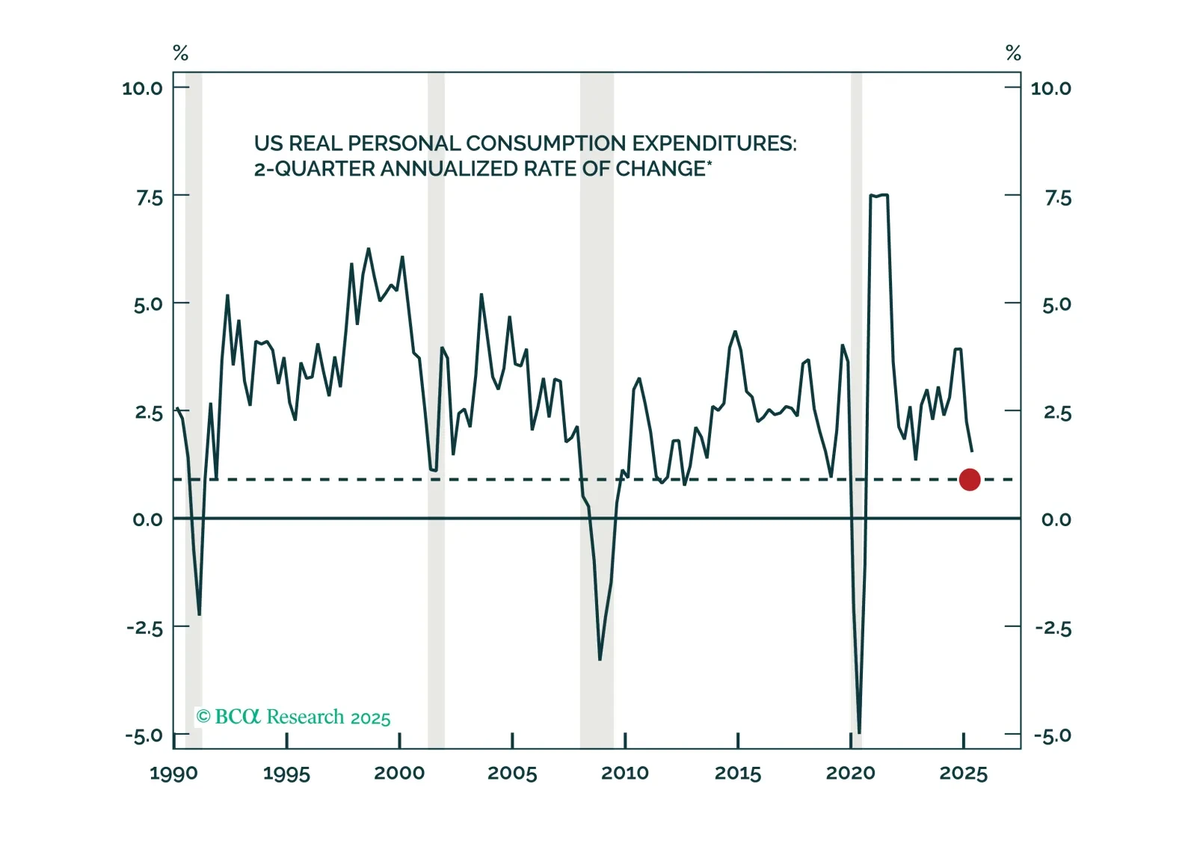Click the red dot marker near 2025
coord(969,480)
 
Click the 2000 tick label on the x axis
coord(399,774)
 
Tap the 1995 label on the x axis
coord(286,774)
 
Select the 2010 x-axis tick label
coord(625,774)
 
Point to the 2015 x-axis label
coord(738,774)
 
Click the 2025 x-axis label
coord(963,774)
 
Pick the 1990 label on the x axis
coord(173,774)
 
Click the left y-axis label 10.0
coord(142,88)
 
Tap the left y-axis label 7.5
coord(149,198)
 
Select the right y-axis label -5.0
coord(1053,735)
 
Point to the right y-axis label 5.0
coord(1056,304)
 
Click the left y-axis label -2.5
coord(144,628)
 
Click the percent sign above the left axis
coord(180,53)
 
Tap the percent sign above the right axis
coord(1013,53)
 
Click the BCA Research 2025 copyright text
coord(293,717)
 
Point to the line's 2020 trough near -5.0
coord(859,732)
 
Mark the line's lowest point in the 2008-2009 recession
coord(600,659)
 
